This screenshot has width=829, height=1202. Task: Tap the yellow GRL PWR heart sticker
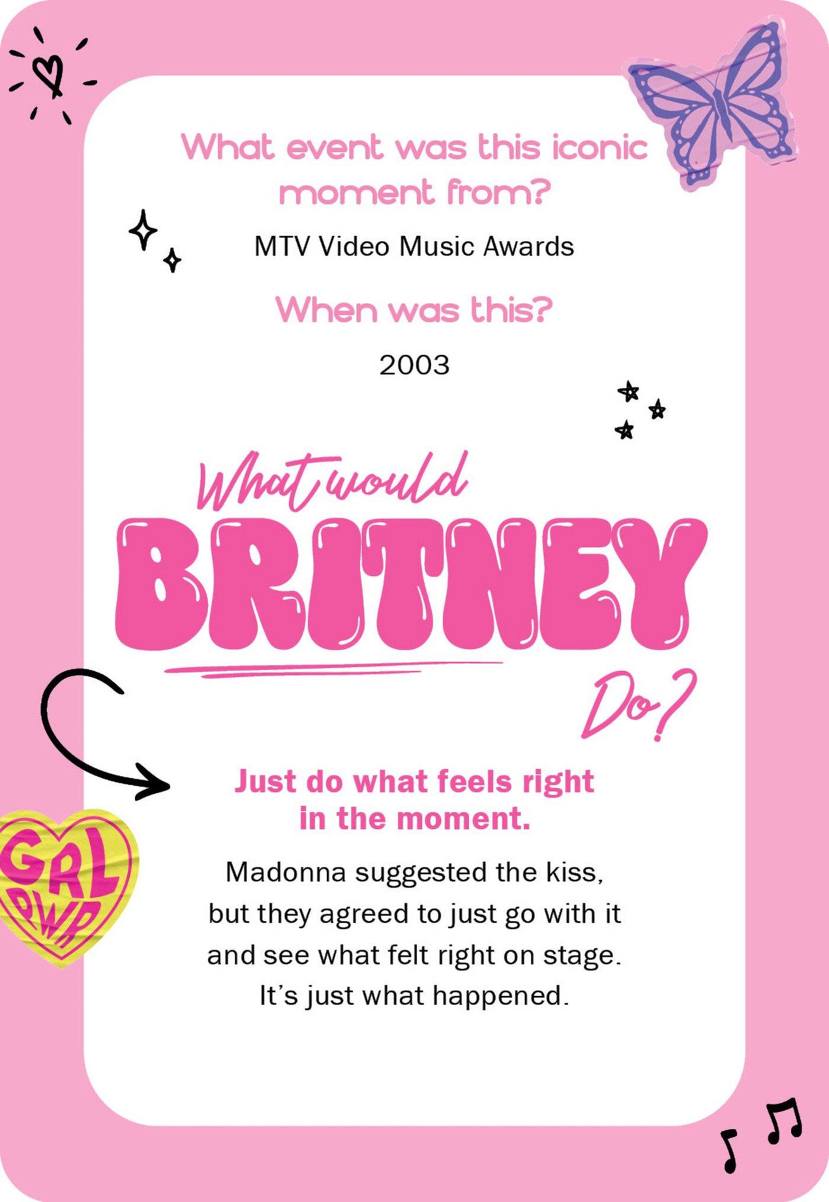[65, 883]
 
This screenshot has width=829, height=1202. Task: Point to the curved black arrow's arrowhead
[155, 786]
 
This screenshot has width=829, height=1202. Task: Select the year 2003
[415, 365]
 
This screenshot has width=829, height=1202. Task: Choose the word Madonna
[285, 872]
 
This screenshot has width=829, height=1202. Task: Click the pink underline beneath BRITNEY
[332, 669]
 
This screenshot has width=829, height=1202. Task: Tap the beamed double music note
[785, 1121]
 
